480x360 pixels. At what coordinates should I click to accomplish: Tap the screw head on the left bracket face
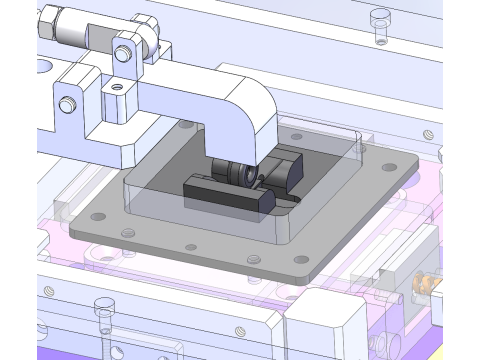(67, 104)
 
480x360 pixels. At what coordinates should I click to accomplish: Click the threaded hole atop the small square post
(118, 87)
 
